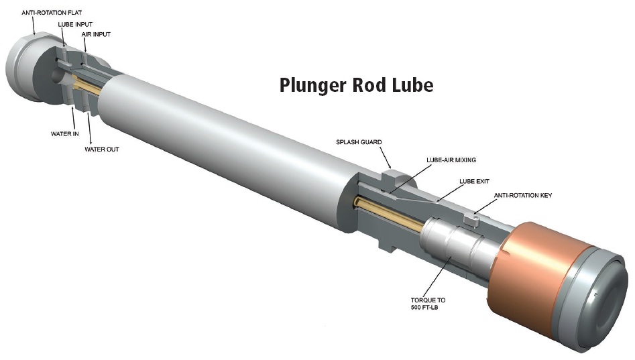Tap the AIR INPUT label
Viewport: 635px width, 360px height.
[97, 34]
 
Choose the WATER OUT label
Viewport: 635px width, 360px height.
[101, 149]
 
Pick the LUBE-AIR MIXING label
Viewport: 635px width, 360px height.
[457, 161]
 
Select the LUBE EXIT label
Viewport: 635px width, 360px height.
[475, 181]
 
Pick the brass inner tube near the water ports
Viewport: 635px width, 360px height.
[87, 86]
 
